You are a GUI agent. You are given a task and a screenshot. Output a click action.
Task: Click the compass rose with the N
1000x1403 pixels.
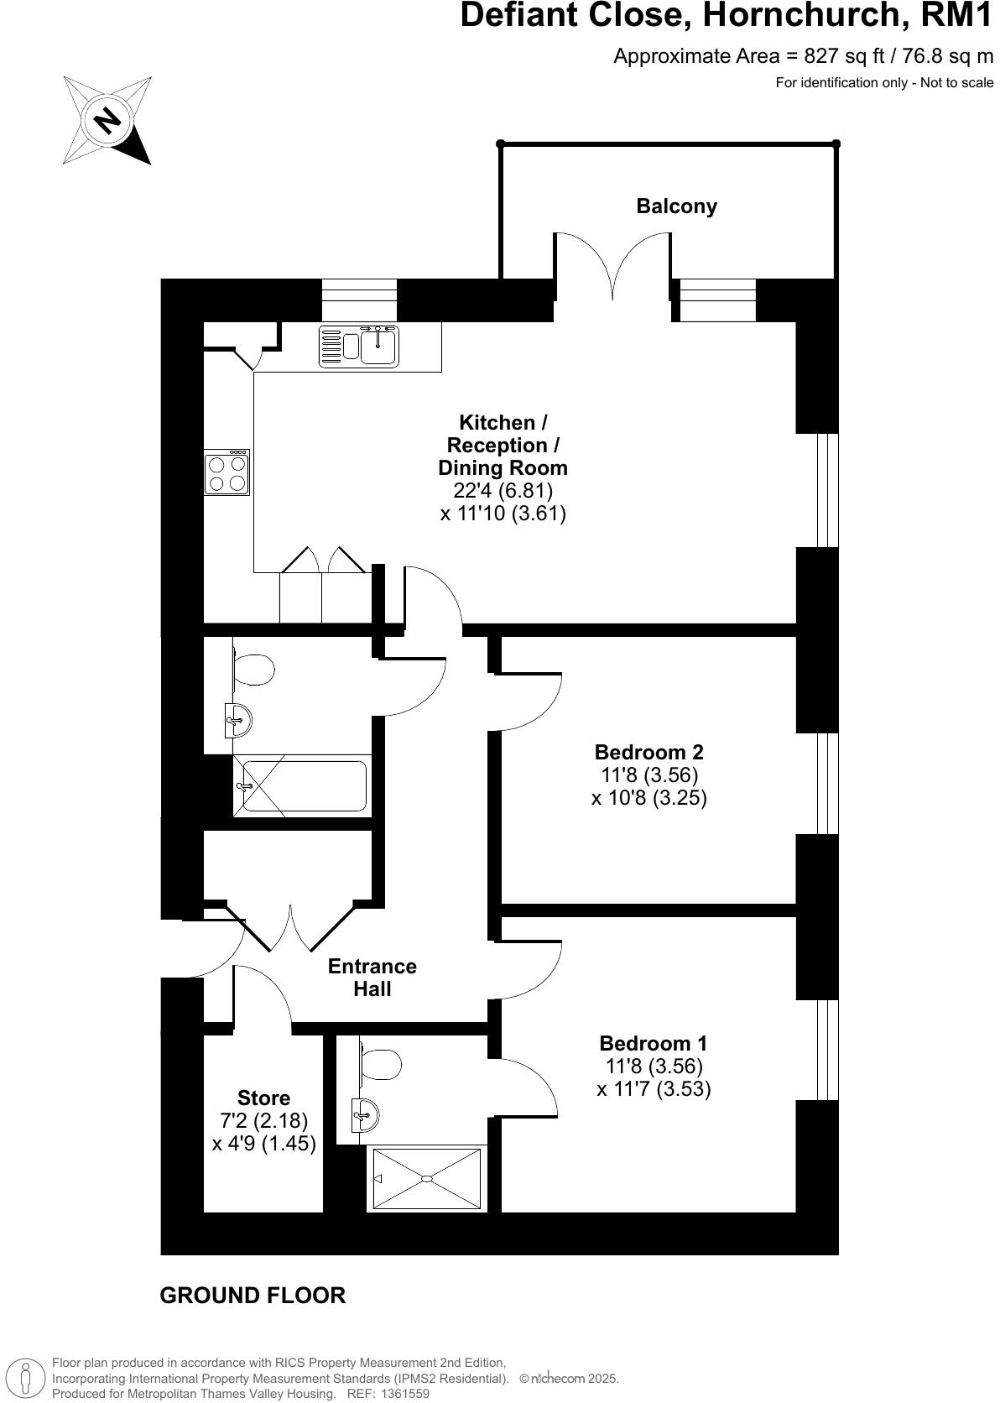pos(107,120)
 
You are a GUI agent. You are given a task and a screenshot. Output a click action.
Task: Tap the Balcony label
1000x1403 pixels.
pos(676,206)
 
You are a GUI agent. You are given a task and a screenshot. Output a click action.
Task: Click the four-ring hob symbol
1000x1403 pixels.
pos(227,473)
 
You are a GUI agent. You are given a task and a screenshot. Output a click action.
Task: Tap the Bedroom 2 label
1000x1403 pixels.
pos(648,752)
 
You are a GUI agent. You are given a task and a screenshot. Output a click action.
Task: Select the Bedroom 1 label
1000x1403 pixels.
pos(653,1044)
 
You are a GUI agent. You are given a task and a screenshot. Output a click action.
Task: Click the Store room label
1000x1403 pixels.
pos(263,1098)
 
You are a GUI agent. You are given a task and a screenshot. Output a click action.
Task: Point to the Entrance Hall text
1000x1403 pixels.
pos(372,978)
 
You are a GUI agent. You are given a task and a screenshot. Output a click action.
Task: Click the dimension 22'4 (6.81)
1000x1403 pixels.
pos(503,490)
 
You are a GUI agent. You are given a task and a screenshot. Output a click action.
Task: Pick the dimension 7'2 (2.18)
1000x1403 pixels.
pos(263,1120)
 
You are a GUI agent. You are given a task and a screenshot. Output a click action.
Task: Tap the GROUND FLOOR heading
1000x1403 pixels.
pos(253,1296)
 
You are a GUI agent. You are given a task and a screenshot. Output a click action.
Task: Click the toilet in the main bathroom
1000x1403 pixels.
pos(253,670)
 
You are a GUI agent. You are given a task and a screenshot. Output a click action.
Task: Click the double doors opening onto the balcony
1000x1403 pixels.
pos(612,269)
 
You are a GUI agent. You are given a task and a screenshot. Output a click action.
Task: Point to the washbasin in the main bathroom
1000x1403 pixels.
pos(238,718)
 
